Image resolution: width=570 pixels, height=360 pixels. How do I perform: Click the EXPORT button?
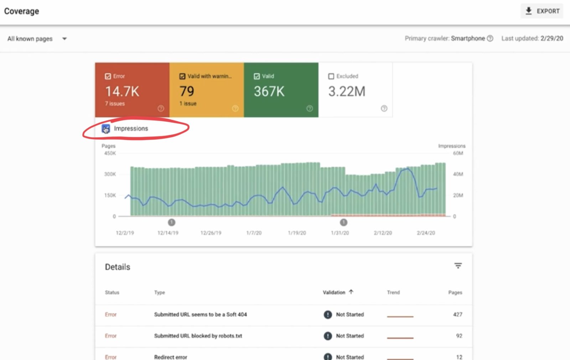click(542, 11)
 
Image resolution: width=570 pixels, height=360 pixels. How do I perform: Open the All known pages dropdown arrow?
click(64, 39)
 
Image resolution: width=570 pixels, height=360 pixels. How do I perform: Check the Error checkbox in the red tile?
click(108, 76)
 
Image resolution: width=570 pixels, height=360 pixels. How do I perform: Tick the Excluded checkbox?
click(331, 76)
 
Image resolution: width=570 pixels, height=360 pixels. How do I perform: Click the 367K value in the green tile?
click(269, 91)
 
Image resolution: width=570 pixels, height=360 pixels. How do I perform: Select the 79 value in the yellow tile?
click(187, 91)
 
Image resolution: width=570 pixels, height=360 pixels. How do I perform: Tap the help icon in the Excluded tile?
click(384, 108)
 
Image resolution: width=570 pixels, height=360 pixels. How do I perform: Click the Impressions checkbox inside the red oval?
click(106, 129)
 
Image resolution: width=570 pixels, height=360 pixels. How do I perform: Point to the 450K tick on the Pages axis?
click(110, 153)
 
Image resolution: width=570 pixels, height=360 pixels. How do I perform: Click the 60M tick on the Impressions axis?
click(458, 153)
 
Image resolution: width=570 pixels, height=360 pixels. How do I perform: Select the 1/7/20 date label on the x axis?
click(254, 233)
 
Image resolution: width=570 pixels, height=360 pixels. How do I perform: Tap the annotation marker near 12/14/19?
click(171, 222)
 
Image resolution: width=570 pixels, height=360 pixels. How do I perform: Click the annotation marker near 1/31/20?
click(343, 222)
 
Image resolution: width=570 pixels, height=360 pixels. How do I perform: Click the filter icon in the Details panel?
click(458, 266)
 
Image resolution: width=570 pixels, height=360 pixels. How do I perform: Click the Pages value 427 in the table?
click(457, 314)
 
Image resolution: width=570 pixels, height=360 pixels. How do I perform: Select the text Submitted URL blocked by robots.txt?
click(198, 336)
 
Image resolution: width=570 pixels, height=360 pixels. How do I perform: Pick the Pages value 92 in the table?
click(459, 336)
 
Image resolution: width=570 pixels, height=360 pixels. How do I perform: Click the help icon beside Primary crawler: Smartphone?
click(490, 38)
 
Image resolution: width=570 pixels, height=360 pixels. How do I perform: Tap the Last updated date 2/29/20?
click(552, 38)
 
